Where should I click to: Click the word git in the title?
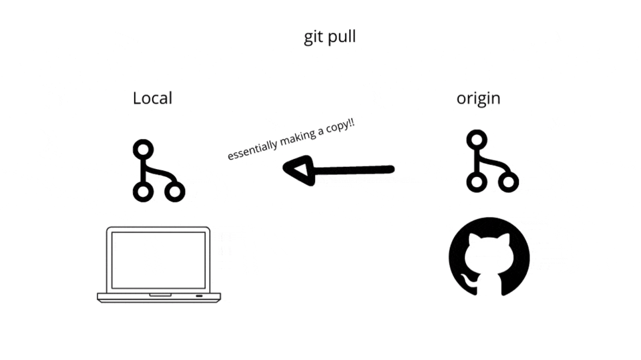click(314, 37)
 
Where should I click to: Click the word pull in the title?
click(341, 37)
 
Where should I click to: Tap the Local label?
click(152, 98)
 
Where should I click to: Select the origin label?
click(478, 99)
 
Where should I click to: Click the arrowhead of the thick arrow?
click(297, 170)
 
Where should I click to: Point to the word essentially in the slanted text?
click(248, 150)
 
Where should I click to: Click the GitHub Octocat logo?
click(489, 257)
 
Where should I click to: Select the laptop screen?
click(158, 259)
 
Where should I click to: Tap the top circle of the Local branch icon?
click(143, 149)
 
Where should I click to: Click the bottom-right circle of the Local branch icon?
click(175, 192)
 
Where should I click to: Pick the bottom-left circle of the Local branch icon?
click(143, 192)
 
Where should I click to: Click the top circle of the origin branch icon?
click(476, 140)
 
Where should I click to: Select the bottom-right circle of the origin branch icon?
click(509, 182)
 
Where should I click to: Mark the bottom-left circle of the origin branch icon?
click(476, 182)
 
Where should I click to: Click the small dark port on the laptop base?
click(199, 295)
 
